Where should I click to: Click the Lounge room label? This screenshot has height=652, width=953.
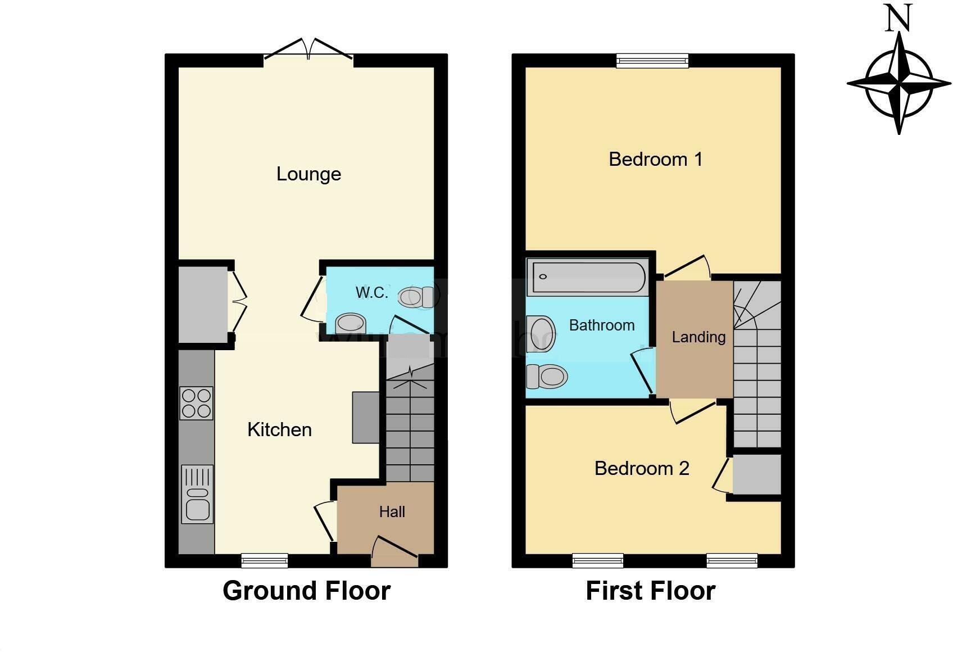308,174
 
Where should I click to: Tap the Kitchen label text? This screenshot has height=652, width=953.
279,430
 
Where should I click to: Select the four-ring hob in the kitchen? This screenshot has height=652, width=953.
197,403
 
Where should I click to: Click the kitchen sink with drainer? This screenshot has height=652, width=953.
197,495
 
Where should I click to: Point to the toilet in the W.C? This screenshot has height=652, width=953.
418,296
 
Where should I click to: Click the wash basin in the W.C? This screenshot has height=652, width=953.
350,324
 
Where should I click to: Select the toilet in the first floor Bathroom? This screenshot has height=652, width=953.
546,376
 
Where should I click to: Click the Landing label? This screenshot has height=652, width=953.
698,337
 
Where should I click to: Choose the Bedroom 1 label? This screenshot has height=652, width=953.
655,160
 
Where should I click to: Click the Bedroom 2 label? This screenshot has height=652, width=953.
642,468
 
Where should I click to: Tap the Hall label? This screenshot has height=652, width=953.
392,512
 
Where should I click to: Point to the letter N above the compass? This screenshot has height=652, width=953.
898,19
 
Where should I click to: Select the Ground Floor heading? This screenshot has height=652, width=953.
306,591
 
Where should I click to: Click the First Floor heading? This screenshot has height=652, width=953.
650,591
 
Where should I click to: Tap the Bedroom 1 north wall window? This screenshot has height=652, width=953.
652,60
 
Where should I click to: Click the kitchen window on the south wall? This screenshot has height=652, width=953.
265,560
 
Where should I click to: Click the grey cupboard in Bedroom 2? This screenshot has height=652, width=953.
757,475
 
